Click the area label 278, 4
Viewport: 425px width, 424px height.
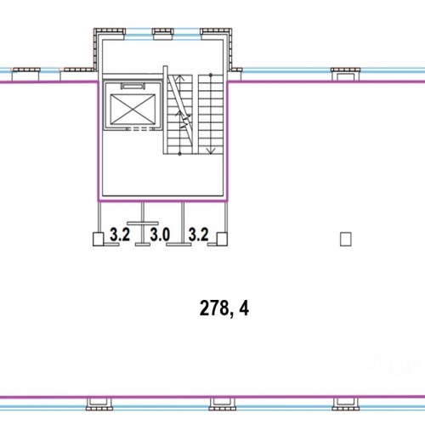pos(224,308)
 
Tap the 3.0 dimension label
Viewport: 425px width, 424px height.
pos(160,235)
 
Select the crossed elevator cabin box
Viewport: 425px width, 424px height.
pos(133,110)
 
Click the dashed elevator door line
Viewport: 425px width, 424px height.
pos(140,129)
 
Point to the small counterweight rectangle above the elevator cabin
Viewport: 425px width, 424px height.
pos(133,86)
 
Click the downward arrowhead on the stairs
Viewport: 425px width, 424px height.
pos(211,150)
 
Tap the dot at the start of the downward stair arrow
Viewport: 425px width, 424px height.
pos(211,75)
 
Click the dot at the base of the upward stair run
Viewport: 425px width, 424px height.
pos(179,154)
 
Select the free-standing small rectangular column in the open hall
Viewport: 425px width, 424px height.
pos(346,239)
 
